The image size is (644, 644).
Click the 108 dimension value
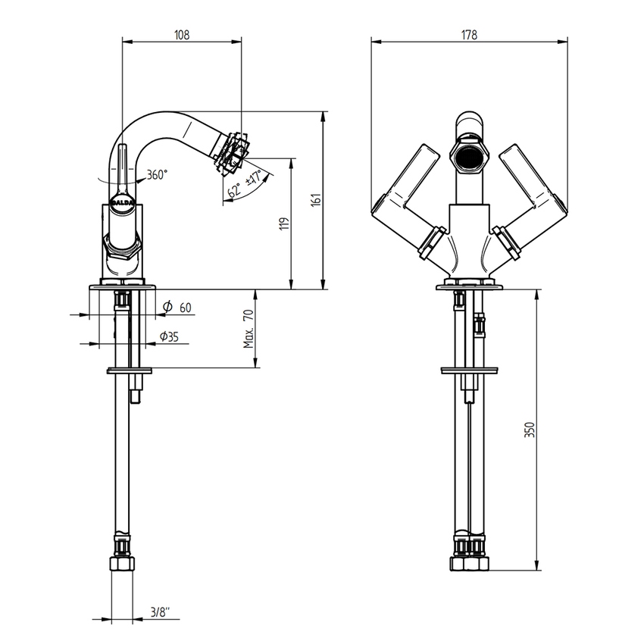(x=182, y=35)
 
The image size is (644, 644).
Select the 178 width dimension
(x=469, y=35)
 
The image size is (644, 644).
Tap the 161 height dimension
(x=316, y=200)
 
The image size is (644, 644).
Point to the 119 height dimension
(x=284, y=224)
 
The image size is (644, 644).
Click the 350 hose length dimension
(x=530, y=430)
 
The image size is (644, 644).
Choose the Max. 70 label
(x=249, y=329)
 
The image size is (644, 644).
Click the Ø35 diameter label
(x=169, y=337)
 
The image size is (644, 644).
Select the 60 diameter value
(x=186, y=307)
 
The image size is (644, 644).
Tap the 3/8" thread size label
(x=160, y=613)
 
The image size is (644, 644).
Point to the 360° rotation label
(x=158, y=174)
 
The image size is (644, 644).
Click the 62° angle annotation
(x=234, y=190)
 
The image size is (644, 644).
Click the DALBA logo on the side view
(x=123, y=203)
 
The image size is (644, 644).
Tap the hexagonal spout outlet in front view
(x=469, y=157)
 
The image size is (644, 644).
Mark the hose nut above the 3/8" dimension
(x=122, y=564)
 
